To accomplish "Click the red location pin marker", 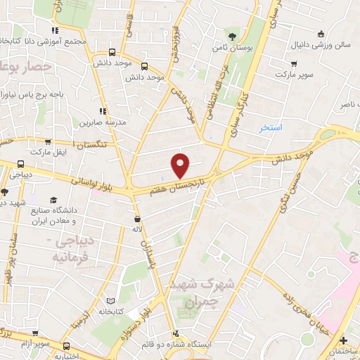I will (181, 166).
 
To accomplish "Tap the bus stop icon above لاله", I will (138, 217).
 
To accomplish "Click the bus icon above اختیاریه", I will (67, 346).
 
